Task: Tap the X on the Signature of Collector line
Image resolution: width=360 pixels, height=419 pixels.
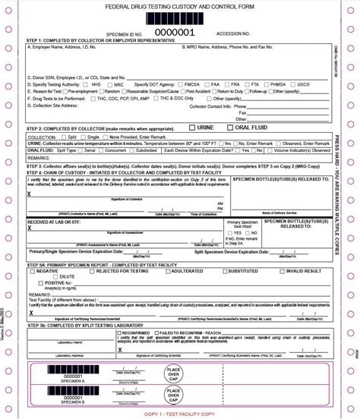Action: (29, 194)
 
